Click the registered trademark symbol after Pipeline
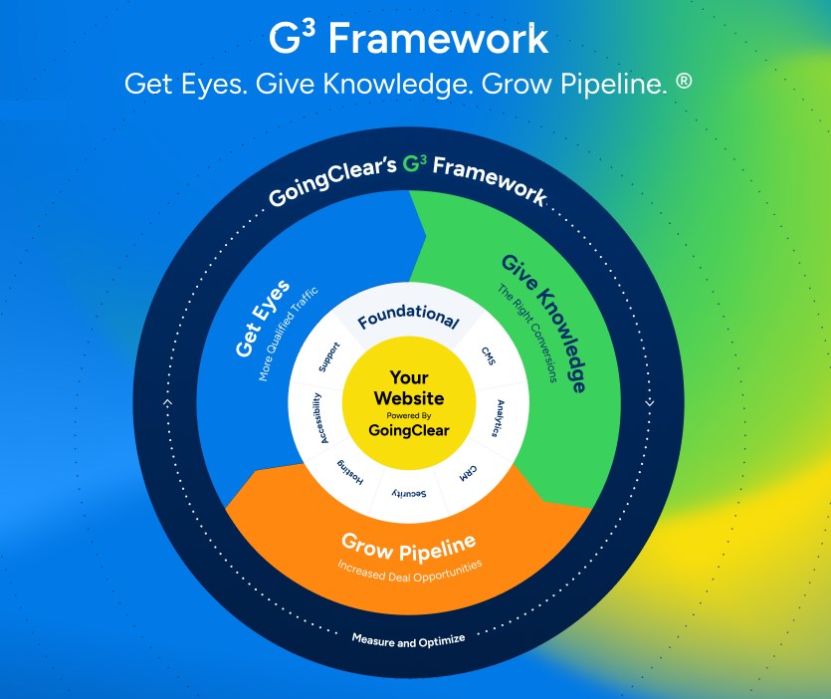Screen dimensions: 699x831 tap(683, 82)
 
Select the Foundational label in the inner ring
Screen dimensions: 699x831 tap(408, 320)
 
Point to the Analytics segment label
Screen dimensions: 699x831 tap(506, 419)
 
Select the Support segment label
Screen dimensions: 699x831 tap(329, 357)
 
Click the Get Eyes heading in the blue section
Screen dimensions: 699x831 tap(262, 320)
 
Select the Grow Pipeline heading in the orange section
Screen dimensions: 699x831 tap(408, 546)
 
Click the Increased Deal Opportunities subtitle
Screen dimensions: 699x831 tap(408, 571)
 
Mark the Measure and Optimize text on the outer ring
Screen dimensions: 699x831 tap(408, 638)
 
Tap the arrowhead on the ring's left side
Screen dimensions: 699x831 tap(167, 402)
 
